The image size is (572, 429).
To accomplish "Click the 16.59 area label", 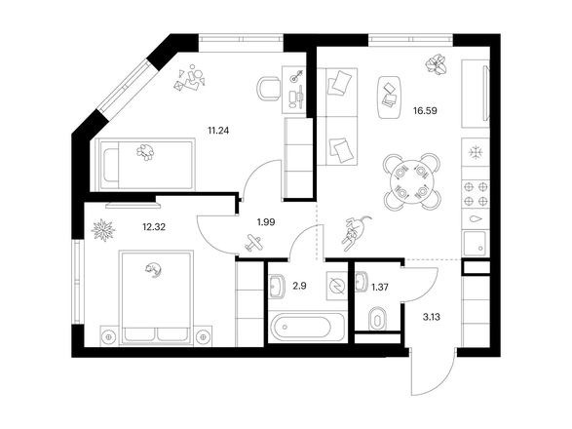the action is tap(425, 110).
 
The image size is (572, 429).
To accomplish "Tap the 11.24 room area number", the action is tap(218, 131).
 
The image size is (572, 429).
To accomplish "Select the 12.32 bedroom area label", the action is tap(154, 227).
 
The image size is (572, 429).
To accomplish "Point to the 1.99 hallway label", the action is tap(266, 222).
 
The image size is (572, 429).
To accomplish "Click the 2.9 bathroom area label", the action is tap(299, 286).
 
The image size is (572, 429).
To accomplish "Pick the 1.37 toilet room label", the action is tap(380, 288).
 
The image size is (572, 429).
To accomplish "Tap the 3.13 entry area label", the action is tap(431, 317).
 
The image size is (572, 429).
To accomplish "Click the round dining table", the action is tap(412, 181).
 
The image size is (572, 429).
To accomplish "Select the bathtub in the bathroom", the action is tap(307, 327).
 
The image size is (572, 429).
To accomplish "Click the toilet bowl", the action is tap(377, 320).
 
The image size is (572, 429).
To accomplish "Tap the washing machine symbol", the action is tap(337, 286).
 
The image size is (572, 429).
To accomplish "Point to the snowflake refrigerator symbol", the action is tap(475, 152).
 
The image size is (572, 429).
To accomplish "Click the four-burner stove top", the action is tap(476, 194).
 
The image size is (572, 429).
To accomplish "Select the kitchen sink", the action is tap(475, 243).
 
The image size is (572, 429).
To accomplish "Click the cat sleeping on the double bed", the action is tap(153, 270).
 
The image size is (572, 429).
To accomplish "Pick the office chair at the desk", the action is tap(269, 89).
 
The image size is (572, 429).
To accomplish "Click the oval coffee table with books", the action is tap(389, 97).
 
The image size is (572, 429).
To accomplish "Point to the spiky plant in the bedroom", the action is tap(103, 230).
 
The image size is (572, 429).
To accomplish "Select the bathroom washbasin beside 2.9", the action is tap(278, 286).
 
